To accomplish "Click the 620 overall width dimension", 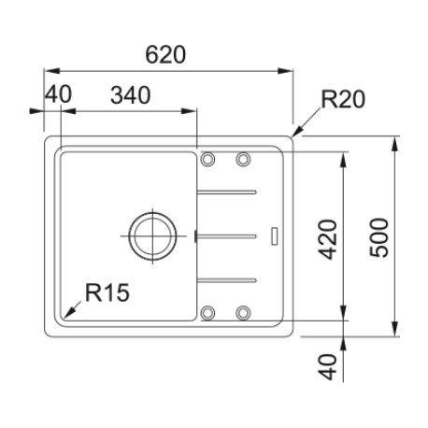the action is click(x=165, y=55).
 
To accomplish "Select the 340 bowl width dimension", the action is click(x=131, y=95).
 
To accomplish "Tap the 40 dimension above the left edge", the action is click(x=58, y=94).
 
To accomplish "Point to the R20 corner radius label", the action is click(x=343, y=99).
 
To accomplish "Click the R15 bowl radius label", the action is click(x=107, y=292).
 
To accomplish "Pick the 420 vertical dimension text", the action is click(x=328, y=239).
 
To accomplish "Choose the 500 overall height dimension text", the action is click(x=379, y=238).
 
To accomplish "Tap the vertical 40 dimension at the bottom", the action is click(x=328, y=367).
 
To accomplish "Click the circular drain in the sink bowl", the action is click(x=152, y=235).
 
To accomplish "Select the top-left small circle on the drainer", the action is click(x=207, y=159).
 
